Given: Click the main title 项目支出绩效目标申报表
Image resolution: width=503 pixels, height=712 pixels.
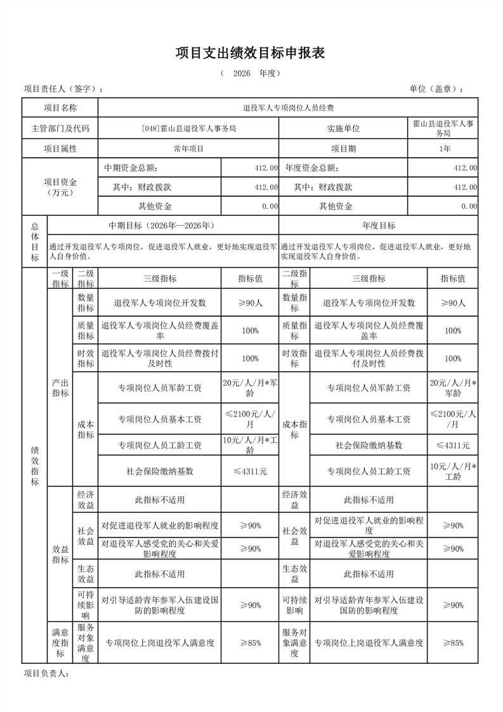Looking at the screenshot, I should (251, 53).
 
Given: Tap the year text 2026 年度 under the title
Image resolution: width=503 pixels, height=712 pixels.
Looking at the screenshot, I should (251, 74).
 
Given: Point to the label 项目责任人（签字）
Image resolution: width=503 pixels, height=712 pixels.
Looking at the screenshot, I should (63, 89).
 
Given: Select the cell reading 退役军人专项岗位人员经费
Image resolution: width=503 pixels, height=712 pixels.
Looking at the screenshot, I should (288, 108).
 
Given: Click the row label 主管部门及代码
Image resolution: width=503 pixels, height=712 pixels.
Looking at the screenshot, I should (60, 128).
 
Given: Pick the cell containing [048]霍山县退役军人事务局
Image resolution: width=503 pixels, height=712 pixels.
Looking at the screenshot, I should (189, 128).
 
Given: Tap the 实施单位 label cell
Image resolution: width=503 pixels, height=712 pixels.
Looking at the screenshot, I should (343, 128).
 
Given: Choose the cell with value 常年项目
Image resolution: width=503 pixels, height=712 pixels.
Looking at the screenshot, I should (189, 148).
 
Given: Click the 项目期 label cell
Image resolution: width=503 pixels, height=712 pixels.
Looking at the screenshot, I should (343, 148).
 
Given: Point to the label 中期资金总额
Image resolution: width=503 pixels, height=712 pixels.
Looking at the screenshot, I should (131, 168).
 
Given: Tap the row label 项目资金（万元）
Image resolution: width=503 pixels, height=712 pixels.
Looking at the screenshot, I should (60, 187).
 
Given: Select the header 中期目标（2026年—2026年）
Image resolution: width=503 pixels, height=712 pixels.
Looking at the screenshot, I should (163, 225).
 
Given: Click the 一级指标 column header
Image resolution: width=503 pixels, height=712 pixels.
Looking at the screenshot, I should (60, 279).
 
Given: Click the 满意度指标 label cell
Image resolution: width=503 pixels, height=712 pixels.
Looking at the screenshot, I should (60, 643).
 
